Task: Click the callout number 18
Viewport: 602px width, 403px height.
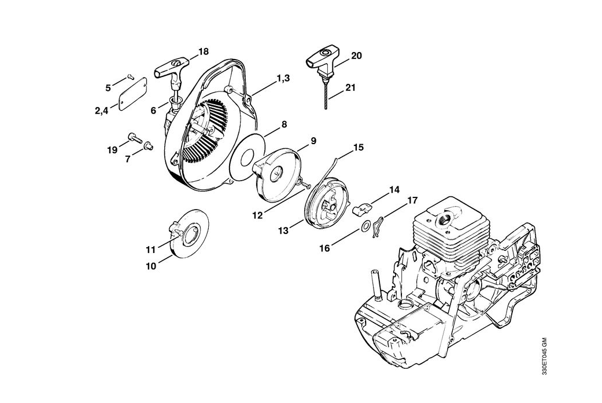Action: (x=203, y=52)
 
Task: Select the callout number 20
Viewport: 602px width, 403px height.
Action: (x=356, y=56)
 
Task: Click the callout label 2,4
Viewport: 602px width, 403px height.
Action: (x=102, y=109)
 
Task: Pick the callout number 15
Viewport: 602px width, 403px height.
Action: (x=358, y=147)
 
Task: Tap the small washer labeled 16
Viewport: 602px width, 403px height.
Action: (x=366, y=226)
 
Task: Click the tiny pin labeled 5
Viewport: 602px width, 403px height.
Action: (x=130, y=75)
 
